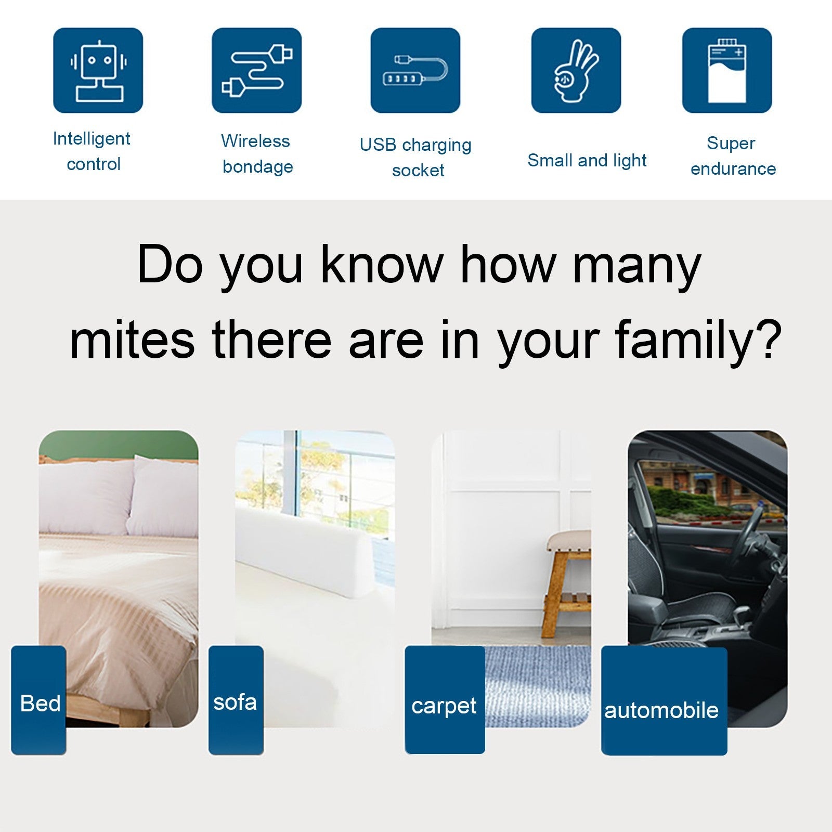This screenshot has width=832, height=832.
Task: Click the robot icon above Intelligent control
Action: (x=98, y=70)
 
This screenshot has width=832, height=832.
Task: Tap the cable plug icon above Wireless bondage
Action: (x=257, y=70)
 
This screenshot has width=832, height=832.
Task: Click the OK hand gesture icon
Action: (x=576, y=70)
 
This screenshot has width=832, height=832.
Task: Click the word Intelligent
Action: (x=92, y=139)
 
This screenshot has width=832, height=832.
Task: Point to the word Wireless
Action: (x=255, y=141)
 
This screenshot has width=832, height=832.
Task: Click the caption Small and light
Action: (x=587, y=161)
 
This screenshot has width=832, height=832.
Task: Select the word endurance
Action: (x=733, y=168)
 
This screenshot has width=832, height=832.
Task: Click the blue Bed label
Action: (x=39, y=700)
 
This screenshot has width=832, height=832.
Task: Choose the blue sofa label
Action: (x=236, y=700)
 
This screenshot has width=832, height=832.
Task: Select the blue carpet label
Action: (x=445, y=700)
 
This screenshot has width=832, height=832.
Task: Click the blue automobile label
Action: (x=664, y=701)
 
